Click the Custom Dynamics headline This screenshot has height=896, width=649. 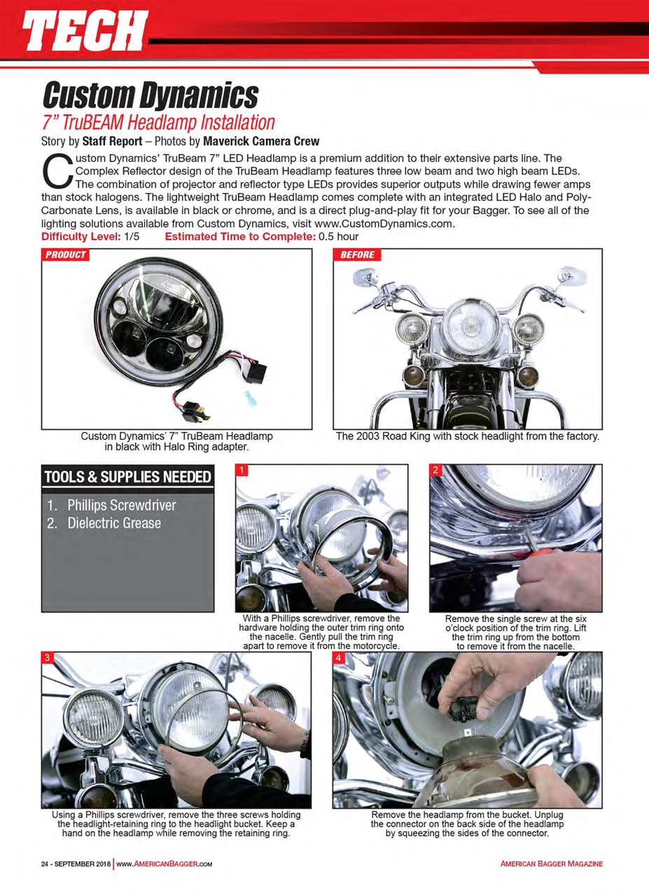click(x=150, y=94)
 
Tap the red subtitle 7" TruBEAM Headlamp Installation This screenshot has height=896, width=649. click(x=158, y=122)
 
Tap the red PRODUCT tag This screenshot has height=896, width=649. click(x=65, y=255)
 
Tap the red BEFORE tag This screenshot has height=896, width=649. click(x=358, y=255)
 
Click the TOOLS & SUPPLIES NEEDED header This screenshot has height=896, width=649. click(x=127, y=477)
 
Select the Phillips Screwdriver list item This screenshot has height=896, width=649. click(x=121, y=505)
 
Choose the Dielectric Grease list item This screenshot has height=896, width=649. click(x=113, y=523)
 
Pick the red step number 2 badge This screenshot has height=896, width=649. click(x=435, y=470)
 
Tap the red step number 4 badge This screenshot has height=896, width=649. click(x=339, y=657)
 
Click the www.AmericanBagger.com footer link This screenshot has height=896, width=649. click(x=164, y=864)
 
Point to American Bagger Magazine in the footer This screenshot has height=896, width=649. click(x=552, y=864)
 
